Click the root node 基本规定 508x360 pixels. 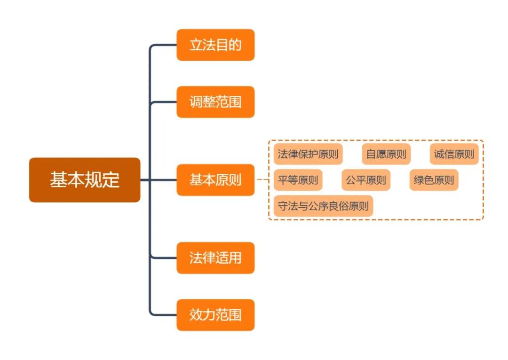tap(85, 180)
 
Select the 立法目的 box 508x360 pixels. tap(215, 45)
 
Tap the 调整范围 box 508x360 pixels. tap(215, 102)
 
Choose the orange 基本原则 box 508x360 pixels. tap(215, 180)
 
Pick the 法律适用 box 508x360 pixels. tap(215, 258)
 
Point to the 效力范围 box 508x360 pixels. tap(215, 315)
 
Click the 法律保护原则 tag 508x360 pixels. tap(308, 154)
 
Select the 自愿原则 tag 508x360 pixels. tap(386, 154)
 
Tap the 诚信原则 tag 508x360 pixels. tap(454, 154)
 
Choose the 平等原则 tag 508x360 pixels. tap(298, 180)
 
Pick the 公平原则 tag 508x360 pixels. tap(366, 180)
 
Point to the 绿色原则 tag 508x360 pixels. tap(434, 180)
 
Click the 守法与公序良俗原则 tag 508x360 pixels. tap(323, 206)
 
